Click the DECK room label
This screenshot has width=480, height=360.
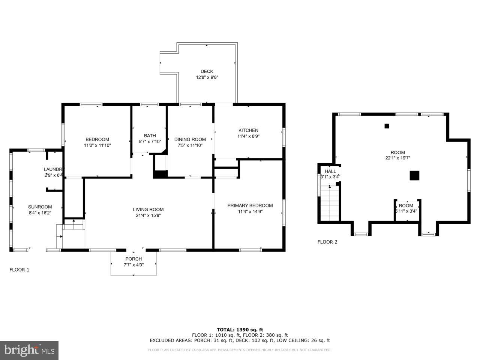207,71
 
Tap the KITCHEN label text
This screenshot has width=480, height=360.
247,130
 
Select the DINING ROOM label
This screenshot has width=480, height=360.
190,139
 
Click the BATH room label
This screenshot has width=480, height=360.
150,136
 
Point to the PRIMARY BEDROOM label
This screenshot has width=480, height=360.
250,205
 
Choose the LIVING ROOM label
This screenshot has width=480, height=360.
148,209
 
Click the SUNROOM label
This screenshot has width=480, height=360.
40,207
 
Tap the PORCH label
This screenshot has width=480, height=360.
133,259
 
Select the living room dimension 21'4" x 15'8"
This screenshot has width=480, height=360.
148,215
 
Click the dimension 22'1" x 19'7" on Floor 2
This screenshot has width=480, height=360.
397,158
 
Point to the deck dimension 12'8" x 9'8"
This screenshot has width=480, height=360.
207,77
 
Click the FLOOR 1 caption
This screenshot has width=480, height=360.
19,270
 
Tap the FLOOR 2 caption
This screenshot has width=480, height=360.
327,242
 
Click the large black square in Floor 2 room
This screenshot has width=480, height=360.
414,175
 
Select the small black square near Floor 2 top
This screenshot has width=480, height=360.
387,126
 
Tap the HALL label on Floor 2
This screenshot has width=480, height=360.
330,171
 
